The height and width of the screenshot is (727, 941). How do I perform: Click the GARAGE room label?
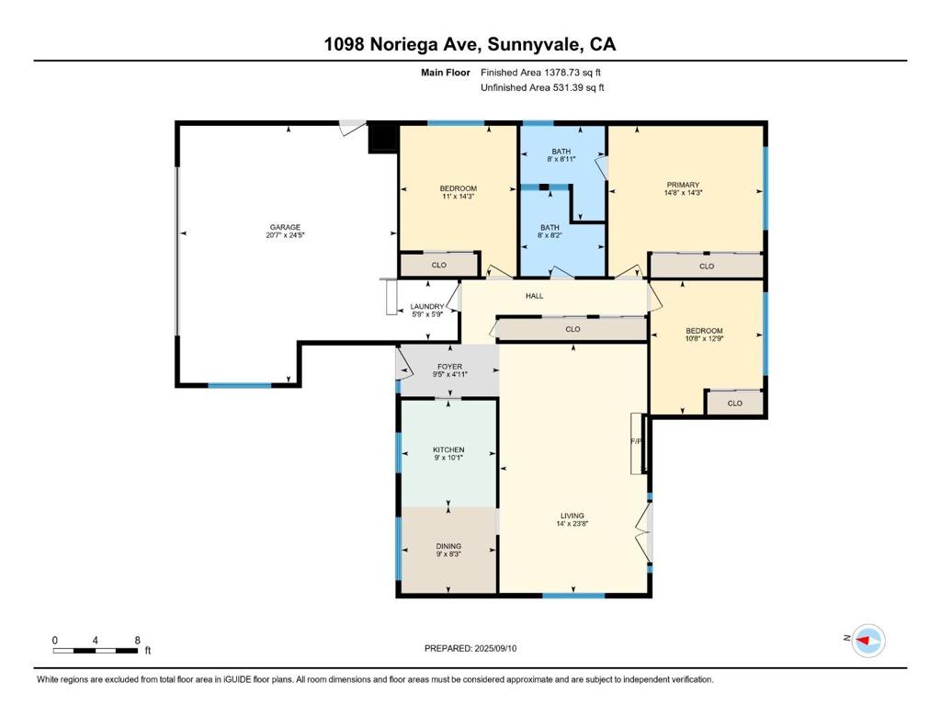[x=285, y=227]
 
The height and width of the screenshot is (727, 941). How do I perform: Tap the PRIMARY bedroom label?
[x=683, y=185]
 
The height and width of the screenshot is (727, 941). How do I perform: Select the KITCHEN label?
[x=448, y=449]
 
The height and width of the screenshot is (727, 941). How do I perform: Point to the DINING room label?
[x=448, y=546]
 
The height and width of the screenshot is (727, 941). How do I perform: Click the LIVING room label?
[x=573, y=516]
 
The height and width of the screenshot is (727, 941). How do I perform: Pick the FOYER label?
[x=450, y=366]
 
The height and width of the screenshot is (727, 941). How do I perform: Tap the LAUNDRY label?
[x=427, y=306]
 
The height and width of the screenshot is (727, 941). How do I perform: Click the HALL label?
[x=535, y=296]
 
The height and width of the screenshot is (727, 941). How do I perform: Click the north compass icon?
[x=868, y=641]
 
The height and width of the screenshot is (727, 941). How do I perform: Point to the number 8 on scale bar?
[x=138, y=641]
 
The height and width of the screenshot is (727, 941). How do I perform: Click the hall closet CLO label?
[x=573, y=329]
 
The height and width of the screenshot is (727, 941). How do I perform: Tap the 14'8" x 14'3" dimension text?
[x=683, y=193]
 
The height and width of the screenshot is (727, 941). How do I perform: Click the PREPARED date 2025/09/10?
[x=495, y=648]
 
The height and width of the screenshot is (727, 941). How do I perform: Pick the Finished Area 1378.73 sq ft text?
[x=540, y=73]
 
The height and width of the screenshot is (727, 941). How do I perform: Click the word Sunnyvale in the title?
[x=534, y=45]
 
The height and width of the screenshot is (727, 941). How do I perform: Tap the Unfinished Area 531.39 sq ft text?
[x=542, y=87]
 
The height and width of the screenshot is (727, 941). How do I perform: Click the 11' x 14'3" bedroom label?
[x=459, y=197]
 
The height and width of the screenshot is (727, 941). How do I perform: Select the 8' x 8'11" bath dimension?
[x=561, y=159]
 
